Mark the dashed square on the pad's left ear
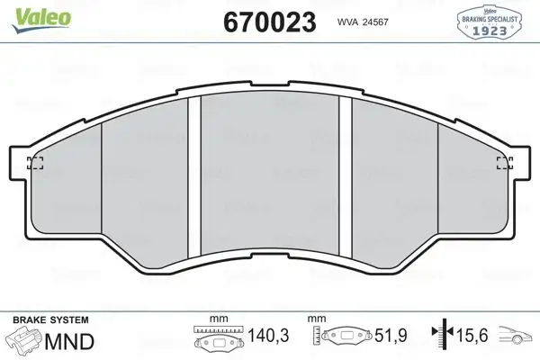(x=35, y=163)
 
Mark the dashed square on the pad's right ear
(x=505, y=163)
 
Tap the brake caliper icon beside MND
(x=25, y=341)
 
